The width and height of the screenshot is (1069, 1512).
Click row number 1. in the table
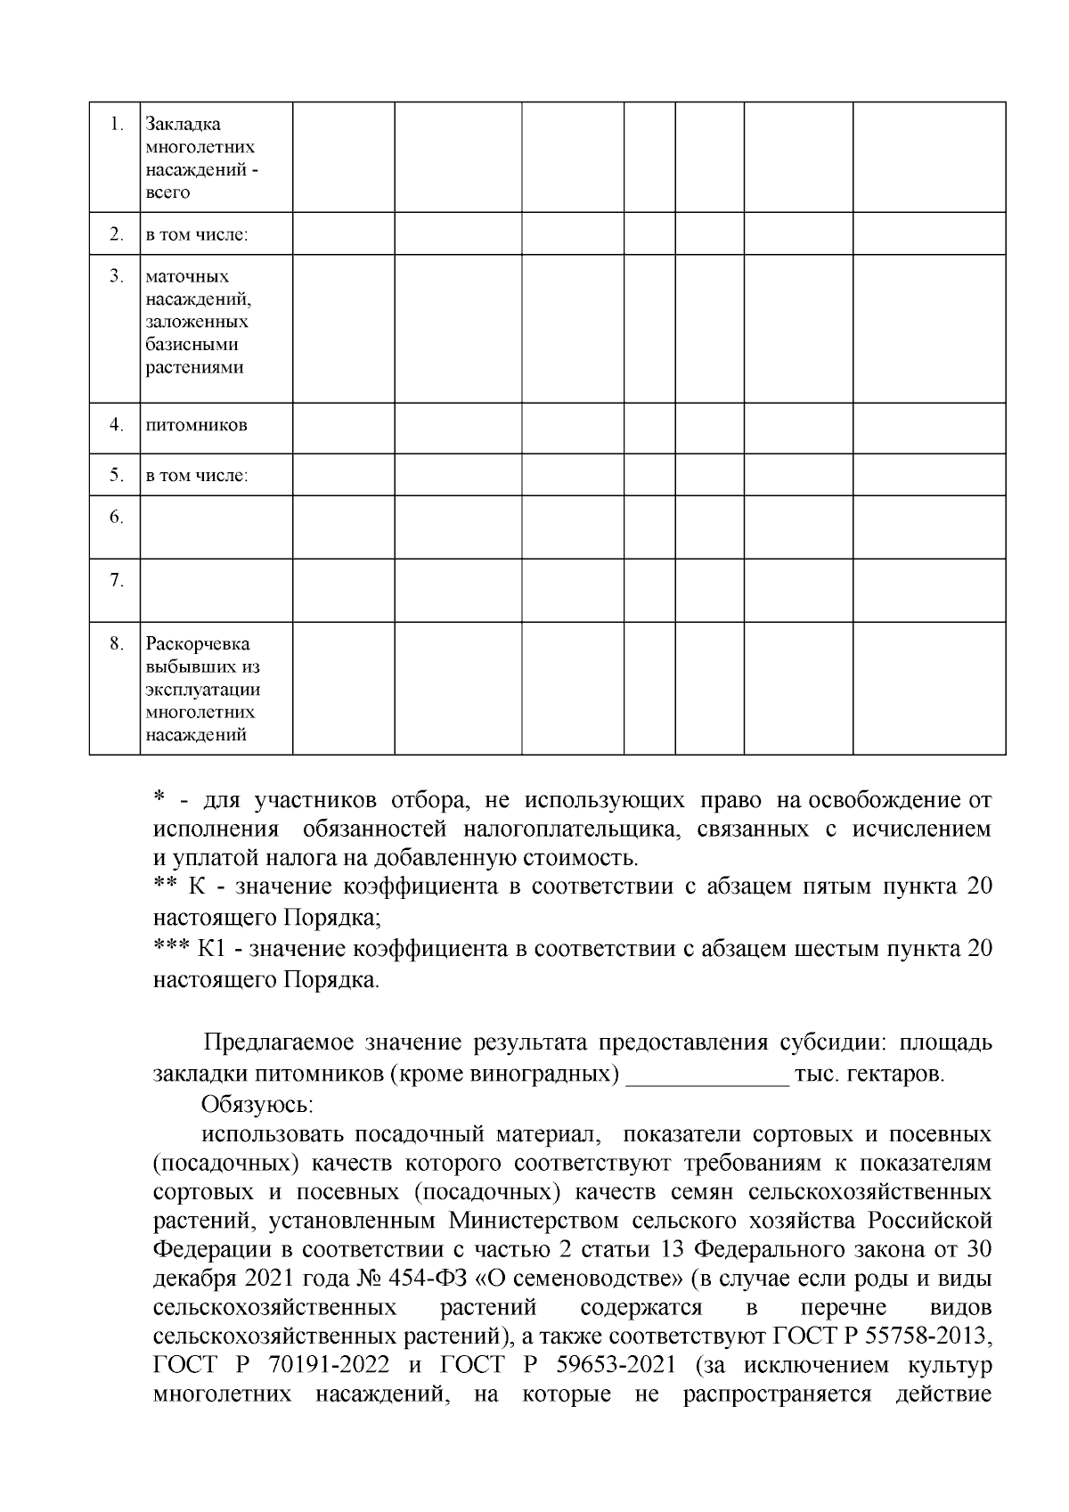click(116, 125)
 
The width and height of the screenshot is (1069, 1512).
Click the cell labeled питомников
click(196, 425)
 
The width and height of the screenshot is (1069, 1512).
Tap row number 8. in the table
click(116, 643)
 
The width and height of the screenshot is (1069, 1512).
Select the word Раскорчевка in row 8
click(197, 643)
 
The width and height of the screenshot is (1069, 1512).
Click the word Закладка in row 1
click(183, 124)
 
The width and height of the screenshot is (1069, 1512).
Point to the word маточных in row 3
click(187, 277)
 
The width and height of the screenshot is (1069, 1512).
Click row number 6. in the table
click(116, 517)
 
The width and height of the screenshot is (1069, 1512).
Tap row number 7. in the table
click(116, 581)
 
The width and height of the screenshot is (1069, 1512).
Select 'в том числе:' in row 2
click(197, 236)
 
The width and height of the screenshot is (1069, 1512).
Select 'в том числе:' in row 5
click(197, 476)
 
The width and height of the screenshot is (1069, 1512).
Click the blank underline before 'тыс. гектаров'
click(708, 1076)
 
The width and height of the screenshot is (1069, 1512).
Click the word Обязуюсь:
click(257, 1105)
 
